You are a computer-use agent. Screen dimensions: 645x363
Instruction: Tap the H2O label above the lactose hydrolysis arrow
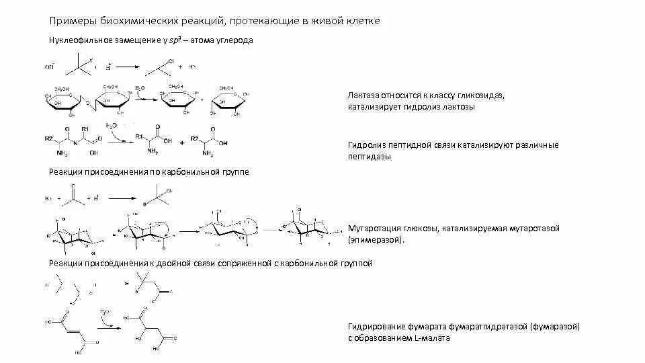(139, 88)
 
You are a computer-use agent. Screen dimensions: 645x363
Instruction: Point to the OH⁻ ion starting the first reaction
(49, 67)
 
